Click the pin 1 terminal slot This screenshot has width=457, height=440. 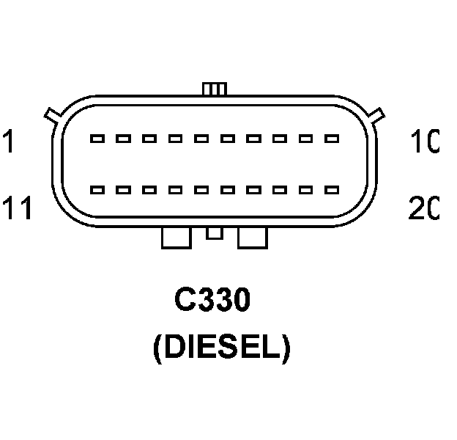[x=97, y=138]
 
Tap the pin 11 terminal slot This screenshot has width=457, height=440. [x=97, y=189]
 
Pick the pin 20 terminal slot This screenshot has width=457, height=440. [x=332, y=189]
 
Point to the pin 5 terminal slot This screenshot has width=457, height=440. [x=201, y=138]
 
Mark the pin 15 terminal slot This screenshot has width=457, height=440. [x=201, y=189]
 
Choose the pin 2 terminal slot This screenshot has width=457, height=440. [x=123, y=138]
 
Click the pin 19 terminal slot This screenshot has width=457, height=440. [x=305, y=189]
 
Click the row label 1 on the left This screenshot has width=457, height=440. [x=8, y=141]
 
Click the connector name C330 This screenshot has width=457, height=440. [x=212, y=300]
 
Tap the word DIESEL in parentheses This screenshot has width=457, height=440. [x=221, y=348]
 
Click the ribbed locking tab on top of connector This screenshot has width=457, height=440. [x=214, y=89]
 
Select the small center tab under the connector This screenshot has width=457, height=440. [x=214, y=232]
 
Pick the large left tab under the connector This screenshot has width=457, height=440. [x=176, y=237]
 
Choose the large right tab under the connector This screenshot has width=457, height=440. [x=253, y=237]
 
